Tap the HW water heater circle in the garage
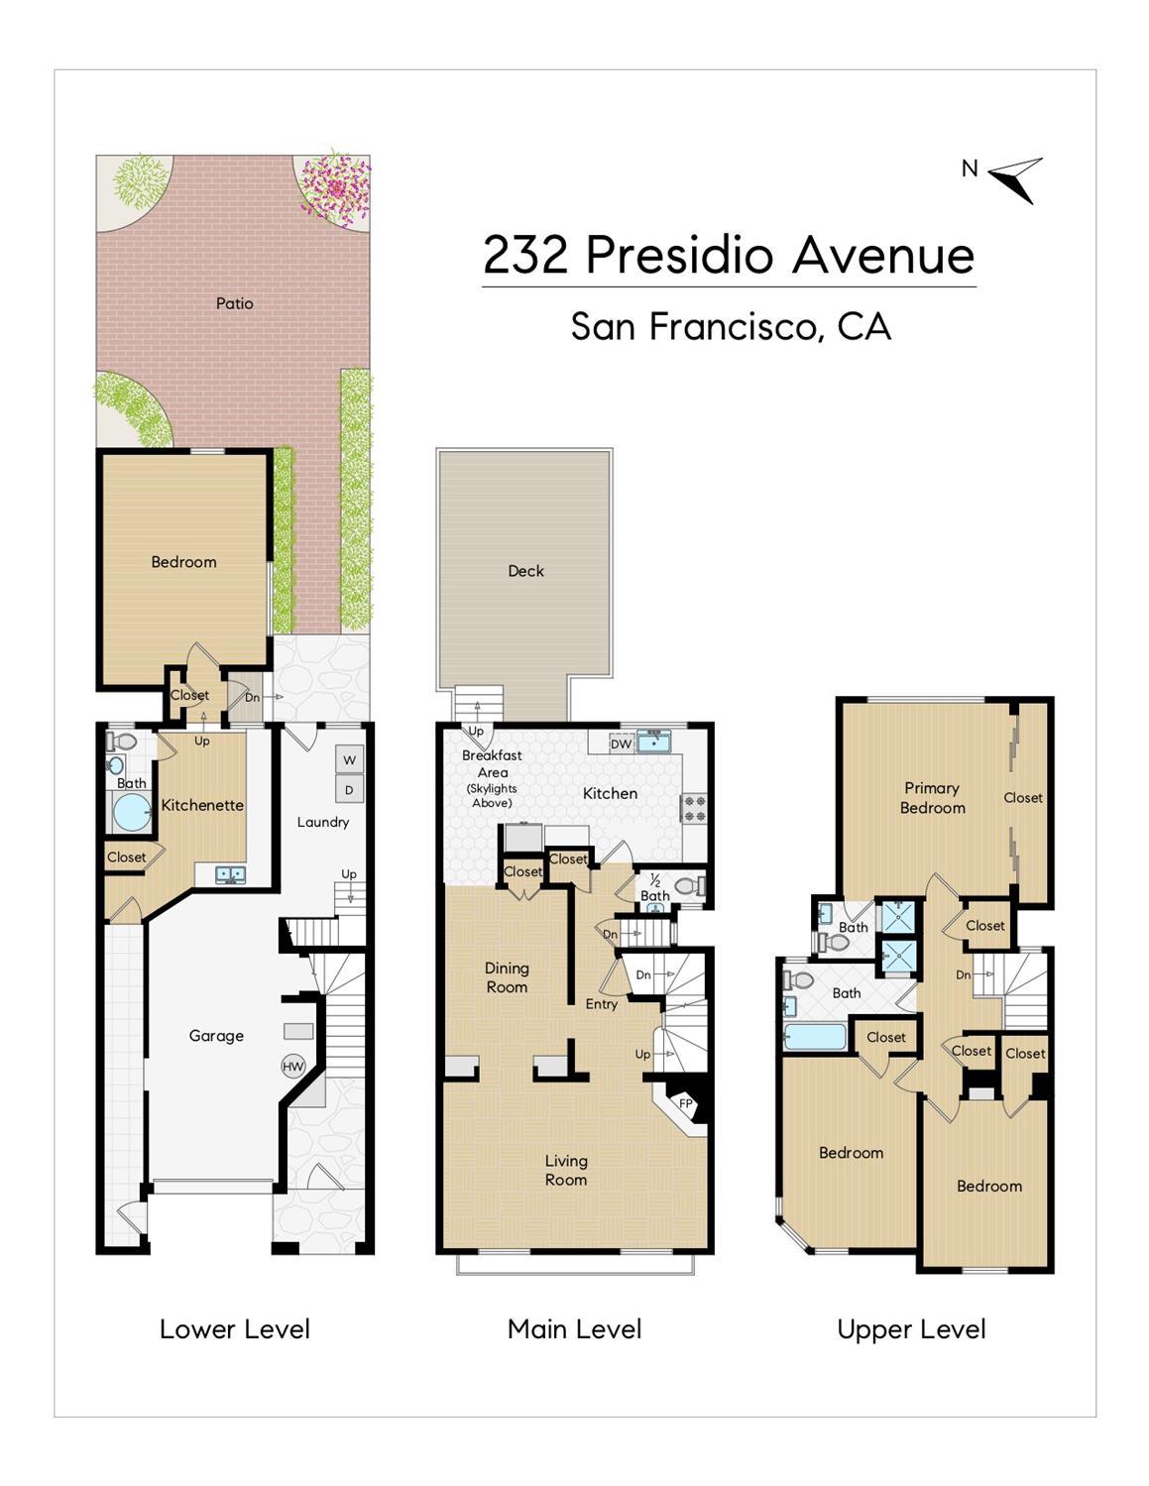(x=292, y=1067)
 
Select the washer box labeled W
(x=349, y=760)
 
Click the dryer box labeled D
(x=349, y=790)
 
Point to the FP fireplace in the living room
(x=684, y=1102)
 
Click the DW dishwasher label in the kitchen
(x=621, y=743)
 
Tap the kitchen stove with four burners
(x=694, y=809)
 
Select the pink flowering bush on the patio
(x=337, y=184)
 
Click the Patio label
(x=235, y=303)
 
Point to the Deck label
(x=525, y=571)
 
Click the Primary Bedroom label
(x=932, y=798)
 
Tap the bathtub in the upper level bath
(x=815, y=1038)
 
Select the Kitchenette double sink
(x=231, y=874)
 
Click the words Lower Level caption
(x=235, y=1329)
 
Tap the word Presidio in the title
(x=679, y=256)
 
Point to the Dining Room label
(x=507, y=977)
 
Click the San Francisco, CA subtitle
(x=731, y=326)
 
